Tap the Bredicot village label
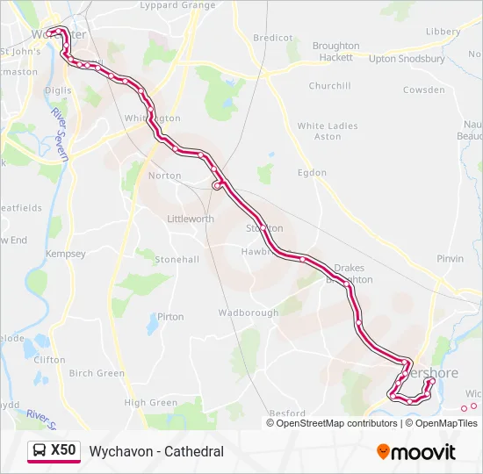(x=272, y=38)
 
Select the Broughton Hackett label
(x=335, y=51)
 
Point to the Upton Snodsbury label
(x=407, y=59)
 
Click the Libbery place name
(x=443, y=32)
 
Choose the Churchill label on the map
(x=329, y=86)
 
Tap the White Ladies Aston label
(x=328, y=131)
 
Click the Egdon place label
(x=312, y=173)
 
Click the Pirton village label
(x=170, y=317)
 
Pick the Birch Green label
(x=97, y=373)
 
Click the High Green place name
(x=151, y=403)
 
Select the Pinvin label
(x=450, y=259)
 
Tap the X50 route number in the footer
(x=64, y=451)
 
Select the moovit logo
(x=416, y=452)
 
